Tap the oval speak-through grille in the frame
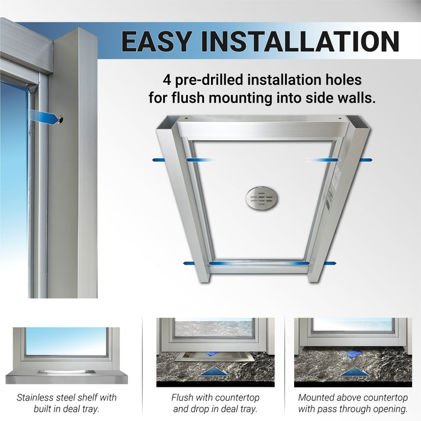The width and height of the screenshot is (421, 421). (262, 198)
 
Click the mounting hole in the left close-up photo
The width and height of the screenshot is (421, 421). (60, 120)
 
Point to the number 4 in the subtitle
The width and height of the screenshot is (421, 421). (167, 79)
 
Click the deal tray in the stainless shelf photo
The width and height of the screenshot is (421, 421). (66, 372)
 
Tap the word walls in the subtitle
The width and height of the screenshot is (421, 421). (359, 98)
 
